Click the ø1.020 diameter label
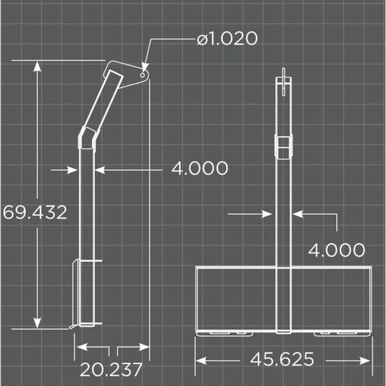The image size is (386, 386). pos(227,38)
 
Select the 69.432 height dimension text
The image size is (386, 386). pos(35,212)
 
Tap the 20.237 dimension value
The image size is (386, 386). pos(111,370)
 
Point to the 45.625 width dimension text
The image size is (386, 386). pos(282,359)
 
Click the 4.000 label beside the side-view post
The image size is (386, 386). pos(199,169)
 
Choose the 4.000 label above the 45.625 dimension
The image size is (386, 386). pos(336,250)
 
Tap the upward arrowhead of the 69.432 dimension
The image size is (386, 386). pos(38,66)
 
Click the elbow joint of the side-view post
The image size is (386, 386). pos(88,137)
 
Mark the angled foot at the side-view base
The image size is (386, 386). pos(73,327)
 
